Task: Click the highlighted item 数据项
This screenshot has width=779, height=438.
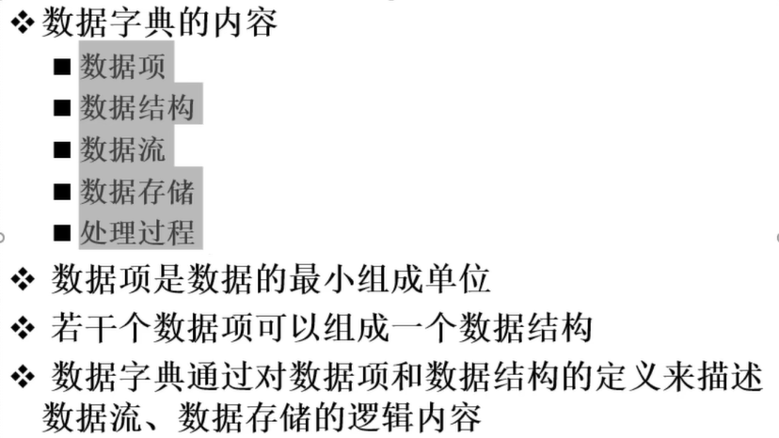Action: click(122, 67)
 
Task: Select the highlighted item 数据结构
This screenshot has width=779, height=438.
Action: click(137, 108)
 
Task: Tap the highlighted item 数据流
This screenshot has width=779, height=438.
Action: click(122, 149)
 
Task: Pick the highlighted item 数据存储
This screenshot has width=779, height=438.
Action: click(137, 192)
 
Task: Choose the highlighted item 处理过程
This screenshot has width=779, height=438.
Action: click(137, 233)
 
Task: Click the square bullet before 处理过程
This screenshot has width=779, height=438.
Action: click(62, 233)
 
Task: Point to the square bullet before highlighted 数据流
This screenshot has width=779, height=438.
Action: click(62, 149)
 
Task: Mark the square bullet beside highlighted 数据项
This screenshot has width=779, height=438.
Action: click(62, 67)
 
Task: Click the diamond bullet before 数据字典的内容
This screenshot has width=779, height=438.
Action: click(23, 23)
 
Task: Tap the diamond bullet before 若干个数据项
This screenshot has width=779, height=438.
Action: click(23, 328)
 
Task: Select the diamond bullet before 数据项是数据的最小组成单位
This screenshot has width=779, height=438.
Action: click(23, 279)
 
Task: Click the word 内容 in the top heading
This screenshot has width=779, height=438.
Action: click(246, 23)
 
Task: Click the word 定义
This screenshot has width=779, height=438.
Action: click(628, 377)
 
